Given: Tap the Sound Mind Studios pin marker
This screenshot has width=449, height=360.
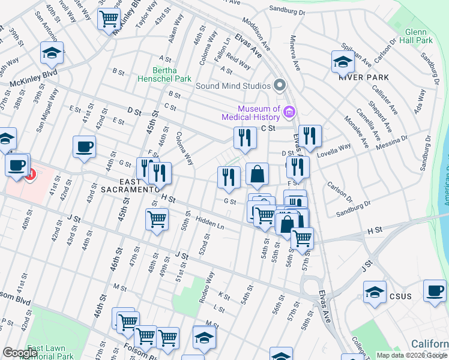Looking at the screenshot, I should tap(279, 85).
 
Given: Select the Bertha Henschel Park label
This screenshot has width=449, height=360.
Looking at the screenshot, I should tap(164, 74).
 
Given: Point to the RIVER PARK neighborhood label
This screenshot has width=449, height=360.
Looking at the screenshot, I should tap(363, 77).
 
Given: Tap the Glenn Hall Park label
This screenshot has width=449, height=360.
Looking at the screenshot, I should tap(411, 36).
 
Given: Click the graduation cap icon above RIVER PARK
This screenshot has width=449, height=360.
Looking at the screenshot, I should tap(343, 61).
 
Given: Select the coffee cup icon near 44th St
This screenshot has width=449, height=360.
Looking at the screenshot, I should tap(84, 146).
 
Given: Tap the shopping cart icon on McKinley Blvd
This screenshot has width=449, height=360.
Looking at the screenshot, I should tap(109, 19).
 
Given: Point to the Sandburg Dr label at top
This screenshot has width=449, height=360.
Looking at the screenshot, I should tap(287, 10).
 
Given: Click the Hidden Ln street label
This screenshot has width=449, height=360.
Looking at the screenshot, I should tap(209, 224).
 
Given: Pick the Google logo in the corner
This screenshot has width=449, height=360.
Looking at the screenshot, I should tap(20, 353).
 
